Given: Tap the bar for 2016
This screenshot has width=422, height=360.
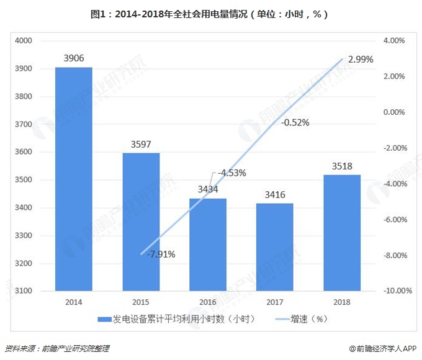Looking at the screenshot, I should pos(208,245).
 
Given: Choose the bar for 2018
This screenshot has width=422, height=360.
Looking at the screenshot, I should pos(342,233).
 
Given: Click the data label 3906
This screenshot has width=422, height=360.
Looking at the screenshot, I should pos(74,58).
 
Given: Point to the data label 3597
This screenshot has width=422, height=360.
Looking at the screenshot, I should pos(141,144).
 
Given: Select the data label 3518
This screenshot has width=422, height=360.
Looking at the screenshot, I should pos(342,166).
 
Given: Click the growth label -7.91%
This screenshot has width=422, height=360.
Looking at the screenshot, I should pos(161,254).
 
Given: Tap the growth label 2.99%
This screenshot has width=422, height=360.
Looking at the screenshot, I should pos(361,60).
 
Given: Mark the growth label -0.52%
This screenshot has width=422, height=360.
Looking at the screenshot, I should pos(295,122).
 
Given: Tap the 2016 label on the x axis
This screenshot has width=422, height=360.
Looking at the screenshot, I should pos(208,302).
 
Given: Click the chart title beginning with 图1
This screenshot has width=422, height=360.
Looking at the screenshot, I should pos(211,13).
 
